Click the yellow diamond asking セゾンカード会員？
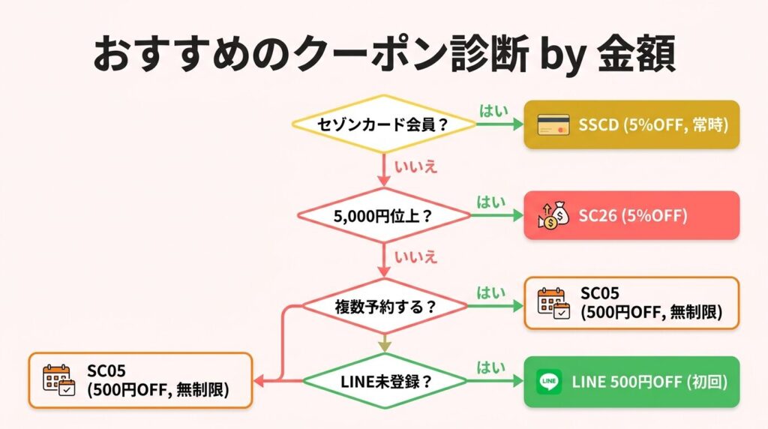click(x=383, y=124)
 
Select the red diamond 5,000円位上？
click(x=383, y=215)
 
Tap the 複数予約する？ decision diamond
click(x=383, y=306)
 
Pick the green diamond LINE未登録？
click(x=383, y=381)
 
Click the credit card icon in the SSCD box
click(x=553, y=124)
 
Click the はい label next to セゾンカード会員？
click(x=492, y=111)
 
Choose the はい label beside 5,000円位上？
click(x=492, y=202)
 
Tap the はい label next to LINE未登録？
click(x=492, y=367)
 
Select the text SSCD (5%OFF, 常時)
click(x=653, y=124)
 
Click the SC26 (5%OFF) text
click(x=632, y=215)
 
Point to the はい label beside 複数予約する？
click(x=492, y=292)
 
